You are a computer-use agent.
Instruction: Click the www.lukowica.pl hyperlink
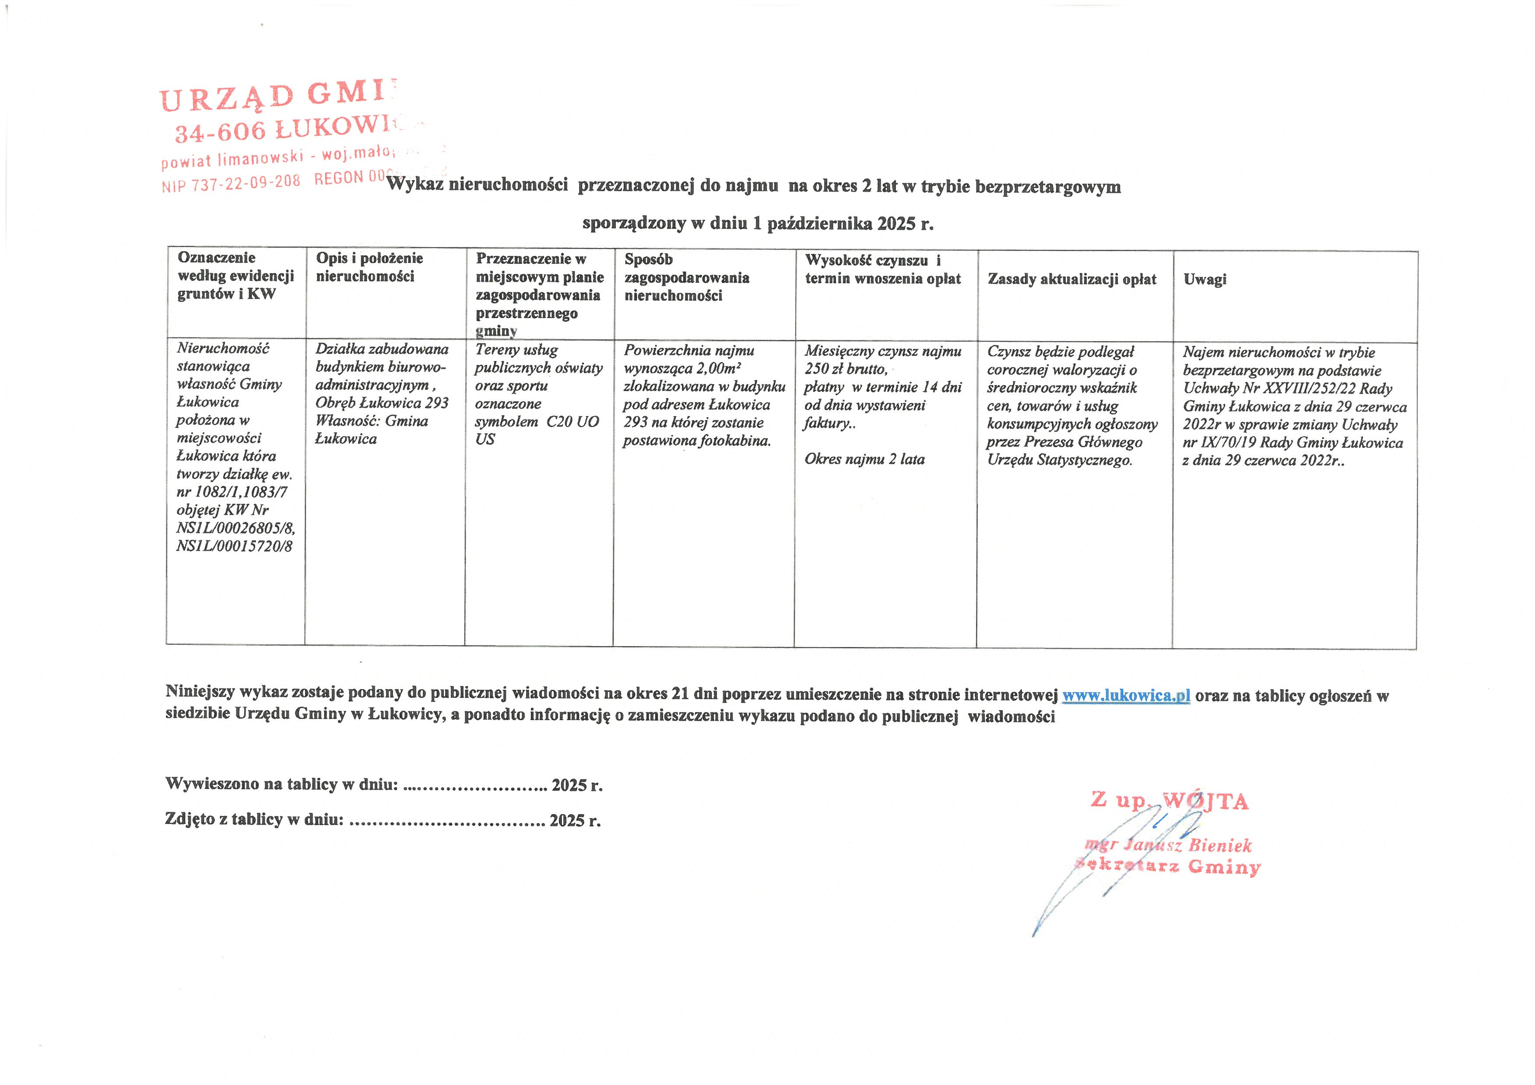point(1126,696)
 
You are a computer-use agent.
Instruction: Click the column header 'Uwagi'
point(1205,279)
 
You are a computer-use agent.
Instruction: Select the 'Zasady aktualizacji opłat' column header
point(1071,279)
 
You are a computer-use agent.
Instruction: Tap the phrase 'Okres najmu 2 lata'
point(864,459)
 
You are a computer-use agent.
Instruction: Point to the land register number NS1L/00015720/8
point(234,546)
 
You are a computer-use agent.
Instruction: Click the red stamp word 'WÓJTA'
point(1205,801)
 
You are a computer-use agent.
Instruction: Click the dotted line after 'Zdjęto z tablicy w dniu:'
point(447,821)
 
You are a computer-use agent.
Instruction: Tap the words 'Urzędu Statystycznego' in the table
point(1060,460)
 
